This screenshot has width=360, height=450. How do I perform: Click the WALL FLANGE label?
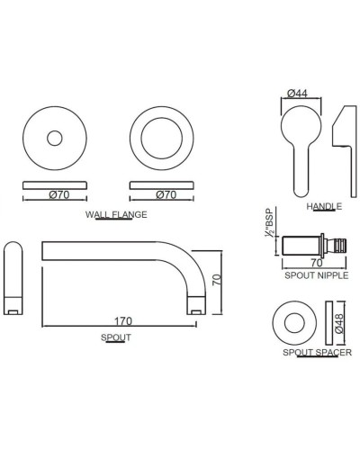coord(116,214)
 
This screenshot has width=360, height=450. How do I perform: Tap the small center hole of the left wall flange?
coord(55,139)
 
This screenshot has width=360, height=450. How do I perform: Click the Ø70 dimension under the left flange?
coord(59,195)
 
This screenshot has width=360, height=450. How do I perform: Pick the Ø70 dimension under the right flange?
coord(166,195)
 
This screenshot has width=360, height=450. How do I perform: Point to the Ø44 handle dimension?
coord(297,94)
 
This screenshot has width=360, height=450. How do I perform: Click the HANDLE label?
coord(324,206)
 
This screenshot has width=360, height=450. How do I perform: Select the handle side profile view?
coord(345,151)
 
